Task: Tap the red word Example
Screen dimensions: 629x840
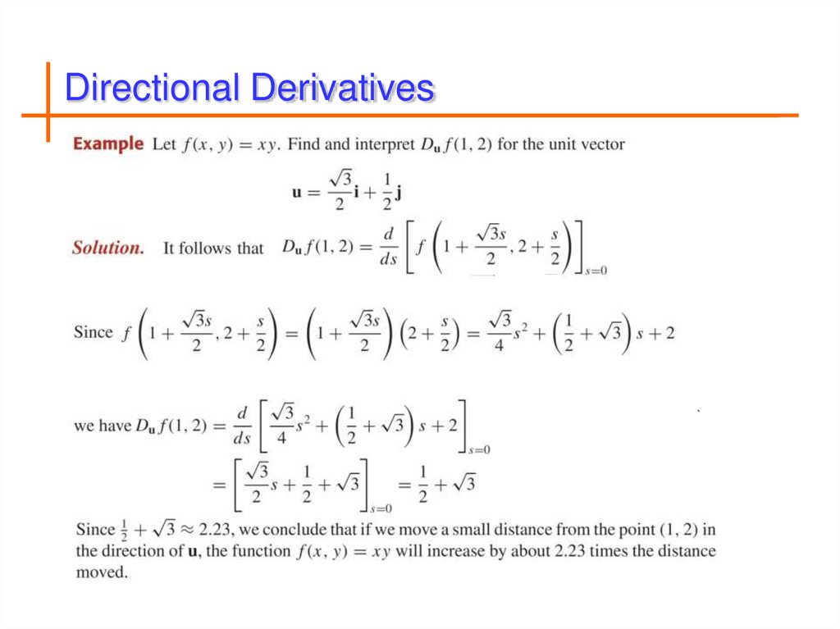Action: click(x=108, y=144)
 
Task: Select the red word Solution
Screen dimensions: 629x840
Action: click(x=107, y=248)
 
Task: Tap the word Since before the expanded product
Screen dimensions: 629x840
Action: click(x=93, y=332)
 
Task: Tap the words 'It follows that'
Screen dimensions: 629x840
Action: click(x=213, y=248)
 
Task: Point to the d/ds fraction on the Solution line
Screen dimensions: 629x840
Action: click(x=388, y=248)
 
